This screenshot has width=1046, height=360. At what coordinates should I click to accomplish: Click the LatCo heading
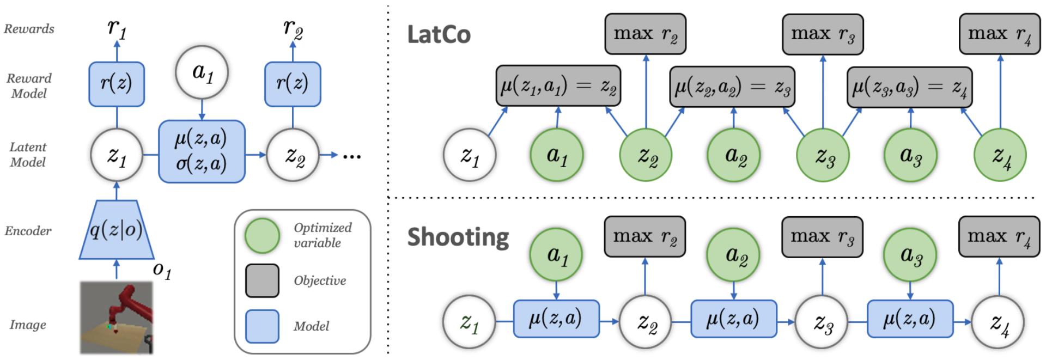pos(439,35)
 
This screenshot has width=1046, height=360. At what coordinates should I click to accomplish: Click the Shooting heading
pos(458,237)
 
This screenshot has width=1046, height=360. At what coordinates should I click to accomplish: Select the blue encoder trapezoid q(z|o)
pos(116,230)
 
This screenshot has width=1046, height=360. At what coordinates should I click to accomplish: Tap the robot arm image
pos(116,317)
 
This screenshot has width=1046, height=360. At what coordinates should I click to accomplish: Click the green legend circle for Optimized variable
pos(263,235)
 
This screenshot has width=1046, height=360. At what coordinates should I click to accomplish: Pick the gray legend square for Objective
pos(262,280)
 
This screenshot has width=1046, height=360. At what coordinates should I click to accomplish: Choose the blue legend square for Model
pos(262,326)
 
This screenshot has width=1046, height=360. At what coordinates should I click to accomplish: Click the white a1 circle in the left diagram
pos(202,72)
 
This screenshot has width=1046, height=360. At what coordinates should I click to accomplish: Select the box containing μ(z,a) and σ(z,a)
pos(202,151)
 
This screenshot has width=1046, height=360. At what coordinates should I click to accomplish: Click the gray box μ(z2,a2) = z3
pos(732,86)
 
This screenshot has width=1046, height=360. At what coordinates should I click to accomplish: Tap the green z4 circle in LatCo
pos(999,155)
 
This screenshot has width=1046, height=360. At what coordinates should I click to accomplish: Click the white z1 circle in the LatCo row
pos(470,155)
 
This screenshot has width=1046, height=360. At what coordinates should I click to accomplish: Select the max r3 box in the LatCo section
pos(822,34)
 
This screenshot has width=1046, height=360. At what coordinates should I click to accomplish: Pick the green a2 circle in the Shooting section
pos(733,254)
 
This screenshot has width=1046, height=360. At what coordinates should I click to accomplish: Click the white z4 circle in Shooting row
pos(998,322)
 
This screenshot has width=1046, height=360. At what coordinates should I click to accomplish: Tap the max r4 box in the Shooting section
pos(999,237)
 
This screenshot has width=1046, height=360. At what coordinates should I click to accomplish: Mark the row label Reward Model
pos(29,86)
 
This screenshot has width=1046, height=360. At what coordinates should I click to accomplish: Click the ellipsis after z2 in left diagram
pos(351,156)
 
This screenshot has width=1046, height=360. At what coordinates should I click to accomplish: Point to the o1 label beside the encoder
pos(162,270)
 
